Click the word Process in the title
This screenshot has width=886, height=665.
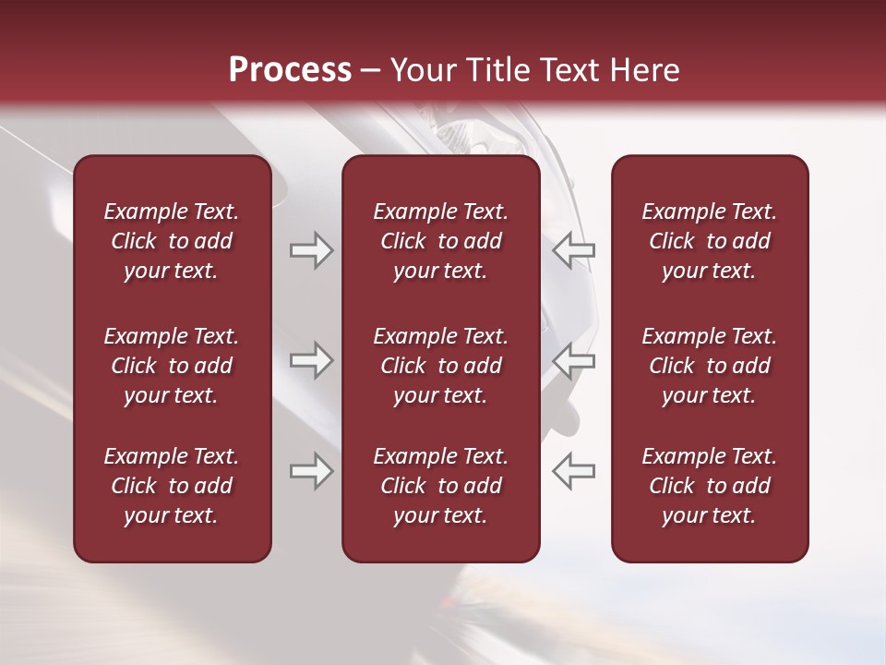[x=290, y=70]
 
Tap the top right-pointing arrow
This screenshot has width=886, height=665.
[x=311, y=250]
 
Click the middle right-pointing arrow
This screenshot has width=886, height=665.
[x=311, y=360]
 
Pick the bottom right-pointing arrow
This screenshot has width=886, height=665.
[x=311, y=471]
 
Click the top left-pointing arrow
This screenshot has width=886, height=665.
[x=573, y=250]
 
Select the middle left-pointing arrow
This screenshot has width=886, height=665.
[x=573, y=360]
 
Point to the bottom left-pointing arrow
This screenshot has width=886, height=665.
[x=573, y=471]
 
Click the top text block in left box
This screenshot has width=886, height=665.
[x=172, y=241]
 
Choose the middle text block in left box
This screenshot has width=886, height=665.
[x=172, y=366]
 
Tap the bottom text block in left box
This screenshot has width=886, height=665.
[x=172, y=486]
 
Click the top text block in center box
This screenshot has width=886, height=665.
[x=440, y=241]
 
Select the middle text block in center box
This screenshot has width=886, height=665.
[x=440, y=366]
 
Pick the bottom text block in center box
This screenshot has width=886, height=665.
[x=440, y=486]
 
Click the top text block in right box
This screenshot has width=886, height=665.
[x=709, y=241]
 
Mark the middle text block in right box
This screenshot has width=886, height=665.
[x=709, y=366]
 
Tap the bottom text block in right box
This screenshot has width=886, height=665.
[x=709, y=486]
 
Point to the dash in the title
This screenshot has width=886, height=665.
[x=371, y=71]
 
